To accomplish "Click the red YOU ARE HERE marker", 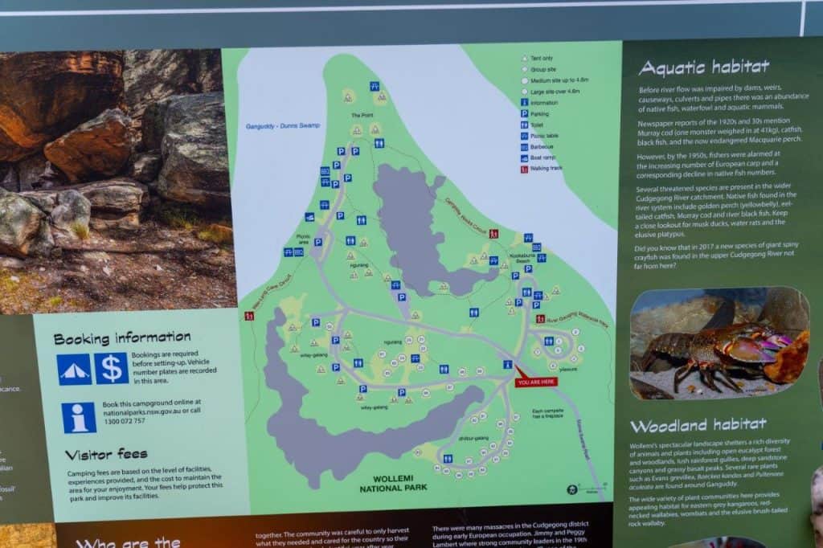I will [x=534, y=380].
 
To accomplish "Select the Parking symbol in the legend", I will [x=524, y=114].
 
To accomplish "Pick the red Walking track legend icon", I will [x=524, y=169].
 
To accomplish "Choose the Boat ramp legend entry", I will [x=524, y=157].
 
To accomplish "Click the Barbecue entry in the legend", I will [x=524, y=147].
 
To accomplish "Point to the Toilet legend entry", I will [x=524, y=125].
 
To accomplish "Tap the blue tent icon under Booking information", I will [x=74, y=369].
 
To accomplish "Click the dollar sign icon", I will [x=112, y=369].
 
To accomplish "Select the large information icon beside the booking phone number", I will [x=79, y=418].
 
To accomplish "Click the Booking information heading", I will [x=122, y=337].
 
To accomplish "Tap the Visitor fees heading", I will [x=106, y=455].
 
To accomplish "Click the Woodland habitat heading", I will [x=698, y=425].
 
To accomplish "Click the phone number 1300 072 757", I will [x=124, y=421].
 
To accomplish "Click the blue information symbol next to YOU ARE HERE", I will [x=507, y=364].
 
